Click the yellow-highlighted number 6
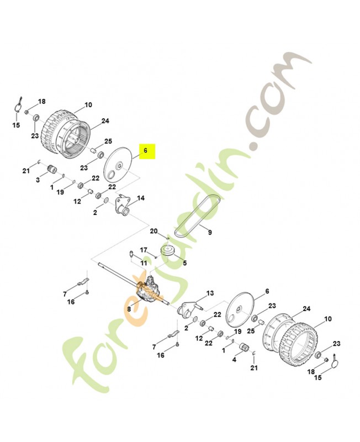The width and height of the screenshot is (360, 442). (x=145, y=151)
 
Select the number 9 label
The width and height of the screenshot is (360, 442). (x=210, y=232)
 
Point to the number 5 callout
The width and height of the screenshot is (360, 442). (x=185, y=263)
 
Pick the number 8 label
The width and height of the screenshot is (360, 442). (x=129, y=309)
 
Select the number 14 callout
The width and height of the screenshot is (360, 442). (x=141, y=198)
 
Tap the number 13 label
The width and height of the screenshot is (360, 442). (x=210, y=293)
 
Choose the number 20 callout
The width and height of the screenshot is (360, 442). (x=154, y=231)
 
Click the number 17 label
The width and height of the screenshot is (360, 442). (x=144, y=250)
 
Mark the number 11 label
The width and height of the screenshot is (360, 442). (x=144, y=264)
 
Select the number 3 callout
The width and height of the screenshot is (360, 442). (x=38, y=180)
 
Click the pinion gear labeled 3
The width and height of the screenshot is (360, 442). (x=52, y=170)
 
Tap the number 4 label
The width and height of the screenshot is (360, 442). (x=234, y=360)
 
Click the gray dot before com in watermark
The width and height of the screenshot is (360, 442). (x=255, y=146)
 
